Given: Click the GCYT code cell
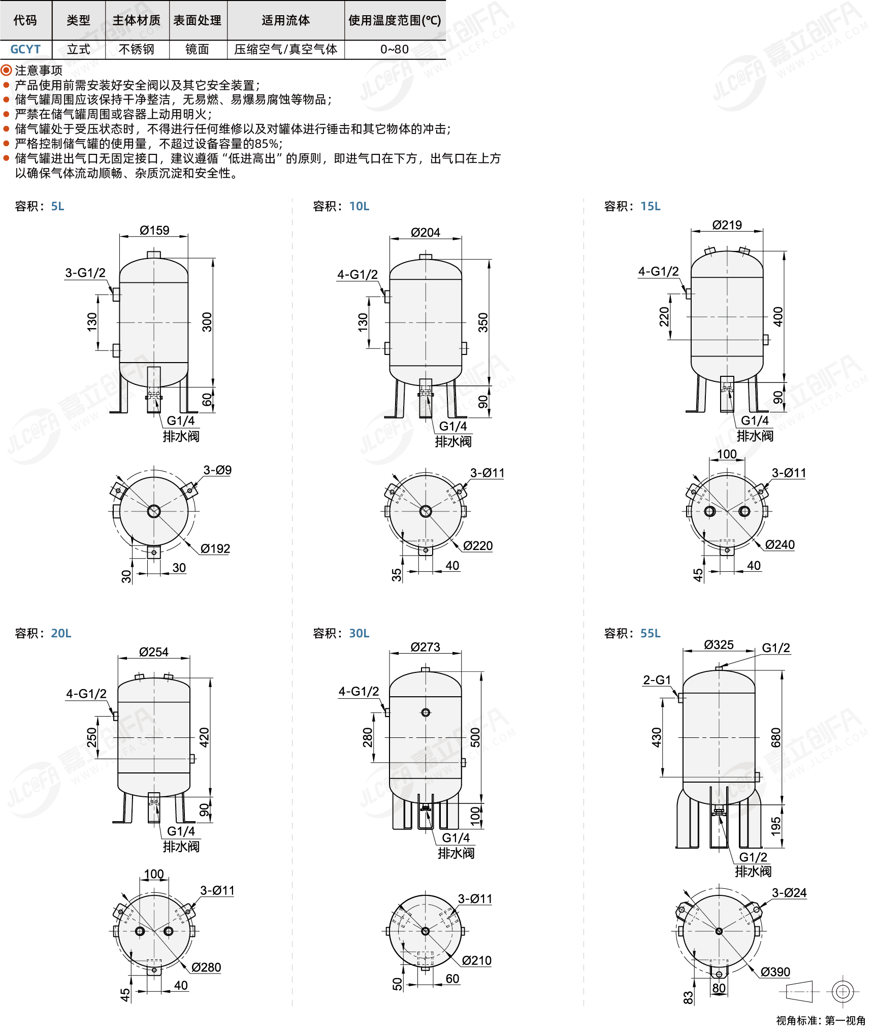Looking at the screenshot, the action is point(25,49).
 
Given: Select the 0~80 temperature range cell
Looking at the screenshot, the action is point(395,49).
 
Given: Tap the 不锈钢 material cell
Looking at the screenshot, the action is point(137,49).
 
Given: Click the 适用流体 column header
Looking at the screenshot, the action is point(286,20).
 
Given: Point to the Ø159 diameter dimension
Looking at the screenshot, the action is point(154,230).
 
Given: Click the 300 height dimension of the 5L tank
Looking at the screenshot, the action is point(207,322).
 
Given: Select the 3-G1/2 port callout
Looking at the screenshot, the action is point(85,273).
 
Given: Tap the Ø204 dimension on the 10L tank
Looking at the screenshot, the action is point(426,232).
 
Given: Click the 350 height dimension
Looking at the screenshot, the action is point(483,322).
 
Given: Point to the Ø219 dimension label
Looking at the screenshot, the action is point(727,225).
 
